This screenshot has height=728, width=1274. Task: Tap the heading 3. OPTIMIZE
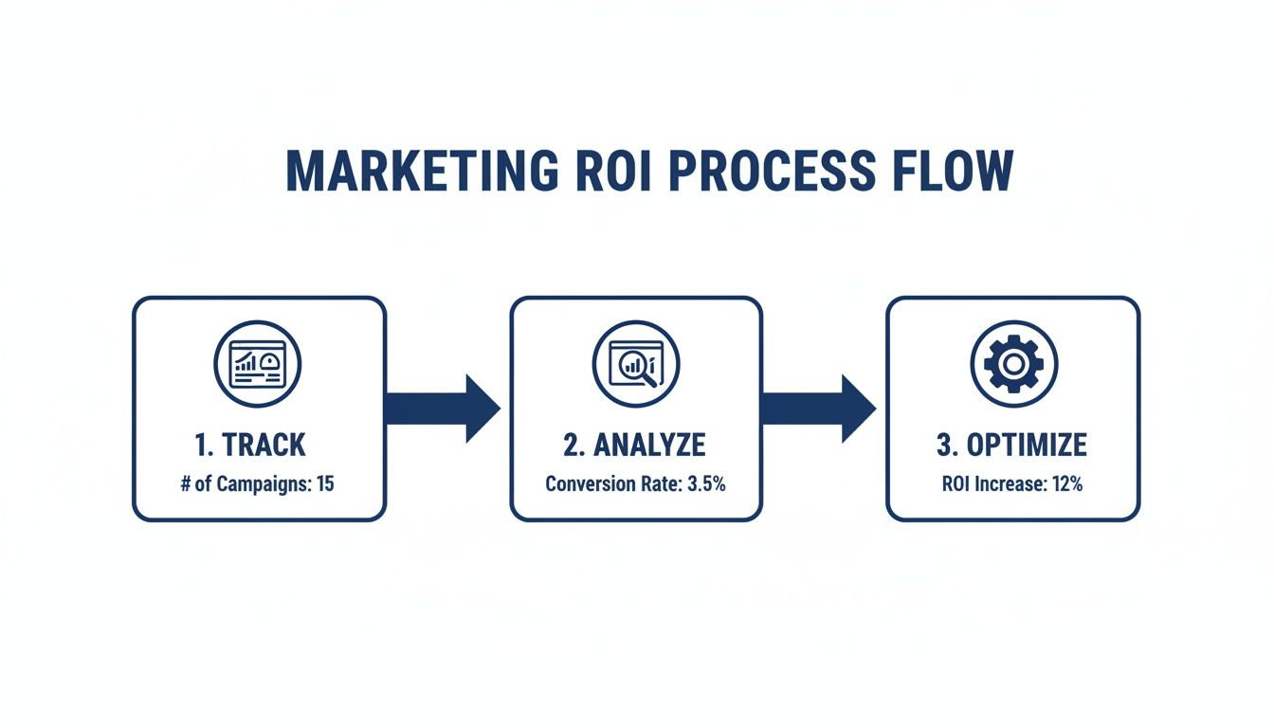(1012, 445)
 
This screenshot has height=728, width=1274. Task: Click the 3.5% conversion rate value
(706, 484)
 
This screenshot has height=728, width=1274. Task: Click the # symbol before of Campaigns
(186, 484)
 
